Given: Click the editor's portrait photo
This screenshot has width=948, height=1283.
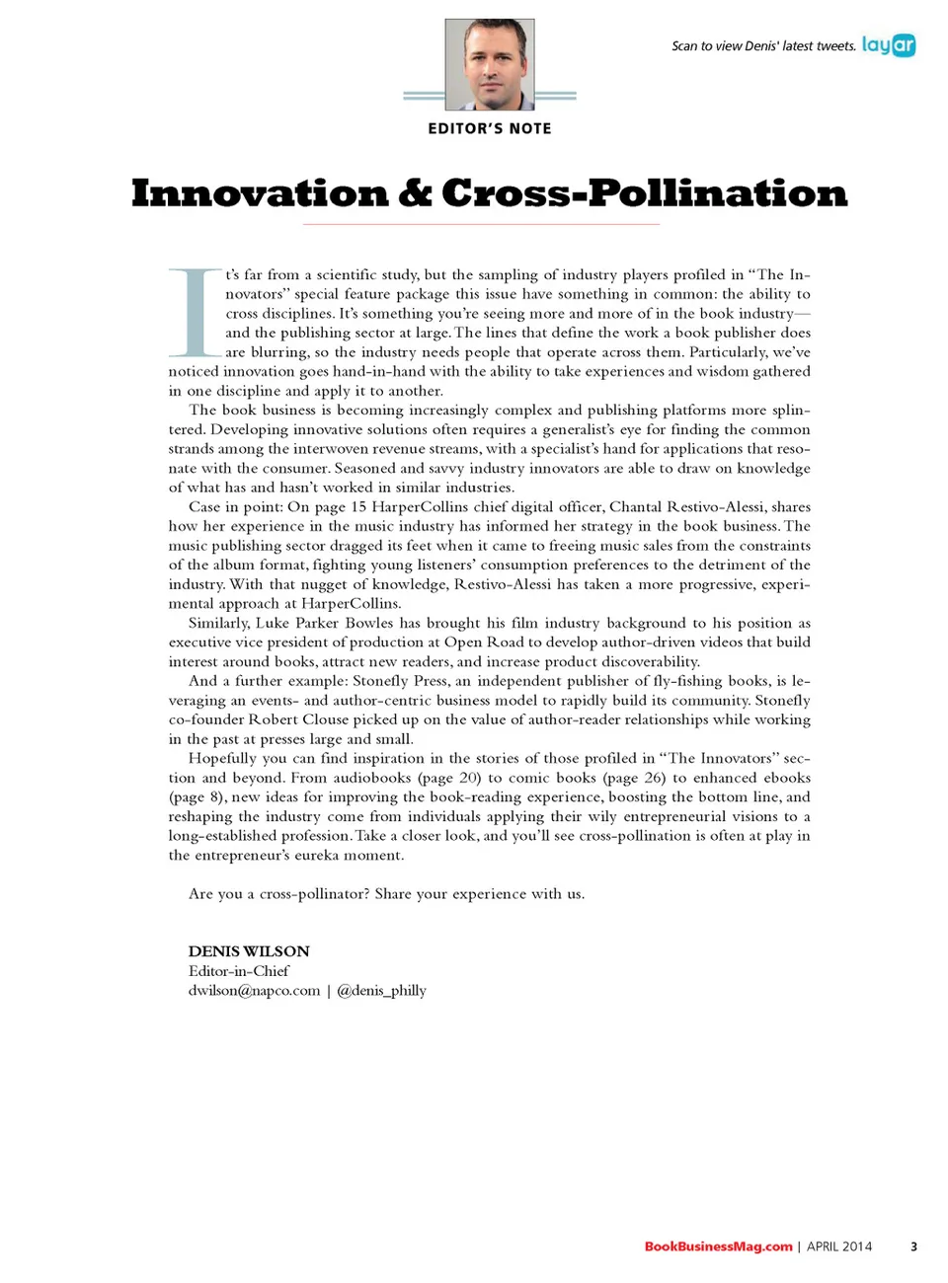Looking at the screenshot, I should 490,64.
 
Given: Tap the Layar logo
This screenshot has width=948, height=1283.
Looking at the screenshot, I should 888,45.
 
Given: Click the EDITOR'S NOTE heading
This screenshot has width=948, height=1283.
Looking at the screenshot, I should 490,128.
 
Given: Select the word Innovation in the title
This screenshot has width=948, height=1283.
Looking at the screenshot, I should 260,193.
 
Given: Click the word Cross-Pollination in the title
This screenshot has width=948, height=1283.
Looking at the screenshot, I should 645,193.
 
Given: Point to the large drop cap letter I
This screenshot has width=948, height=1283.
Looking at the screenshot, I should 195,312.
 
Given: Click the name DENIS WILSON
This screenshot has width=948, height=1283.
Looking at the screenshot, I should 249,951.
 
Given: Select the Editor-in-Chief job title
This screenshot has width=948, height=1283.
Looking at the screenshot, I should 239,971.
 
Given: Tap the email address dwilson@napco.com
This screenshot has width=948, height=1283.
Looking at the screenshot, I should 254,990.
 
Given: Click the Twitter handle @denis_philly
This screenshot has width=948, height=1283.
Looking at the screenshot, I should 381,990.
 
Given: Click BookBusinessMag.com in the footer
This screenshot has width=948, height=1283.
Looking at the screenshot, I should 718,1246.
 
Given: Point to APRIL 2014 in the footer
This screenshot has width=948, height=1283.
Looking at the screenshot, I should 839,1246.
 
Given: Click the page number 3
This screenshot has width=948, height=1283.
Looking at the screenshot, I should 913,1246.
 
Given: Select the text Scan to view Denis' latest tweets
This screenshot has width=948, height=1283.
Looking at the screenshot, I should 763,46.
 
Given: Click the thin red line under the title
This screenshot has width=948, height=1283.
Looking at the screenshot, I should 481,225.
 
